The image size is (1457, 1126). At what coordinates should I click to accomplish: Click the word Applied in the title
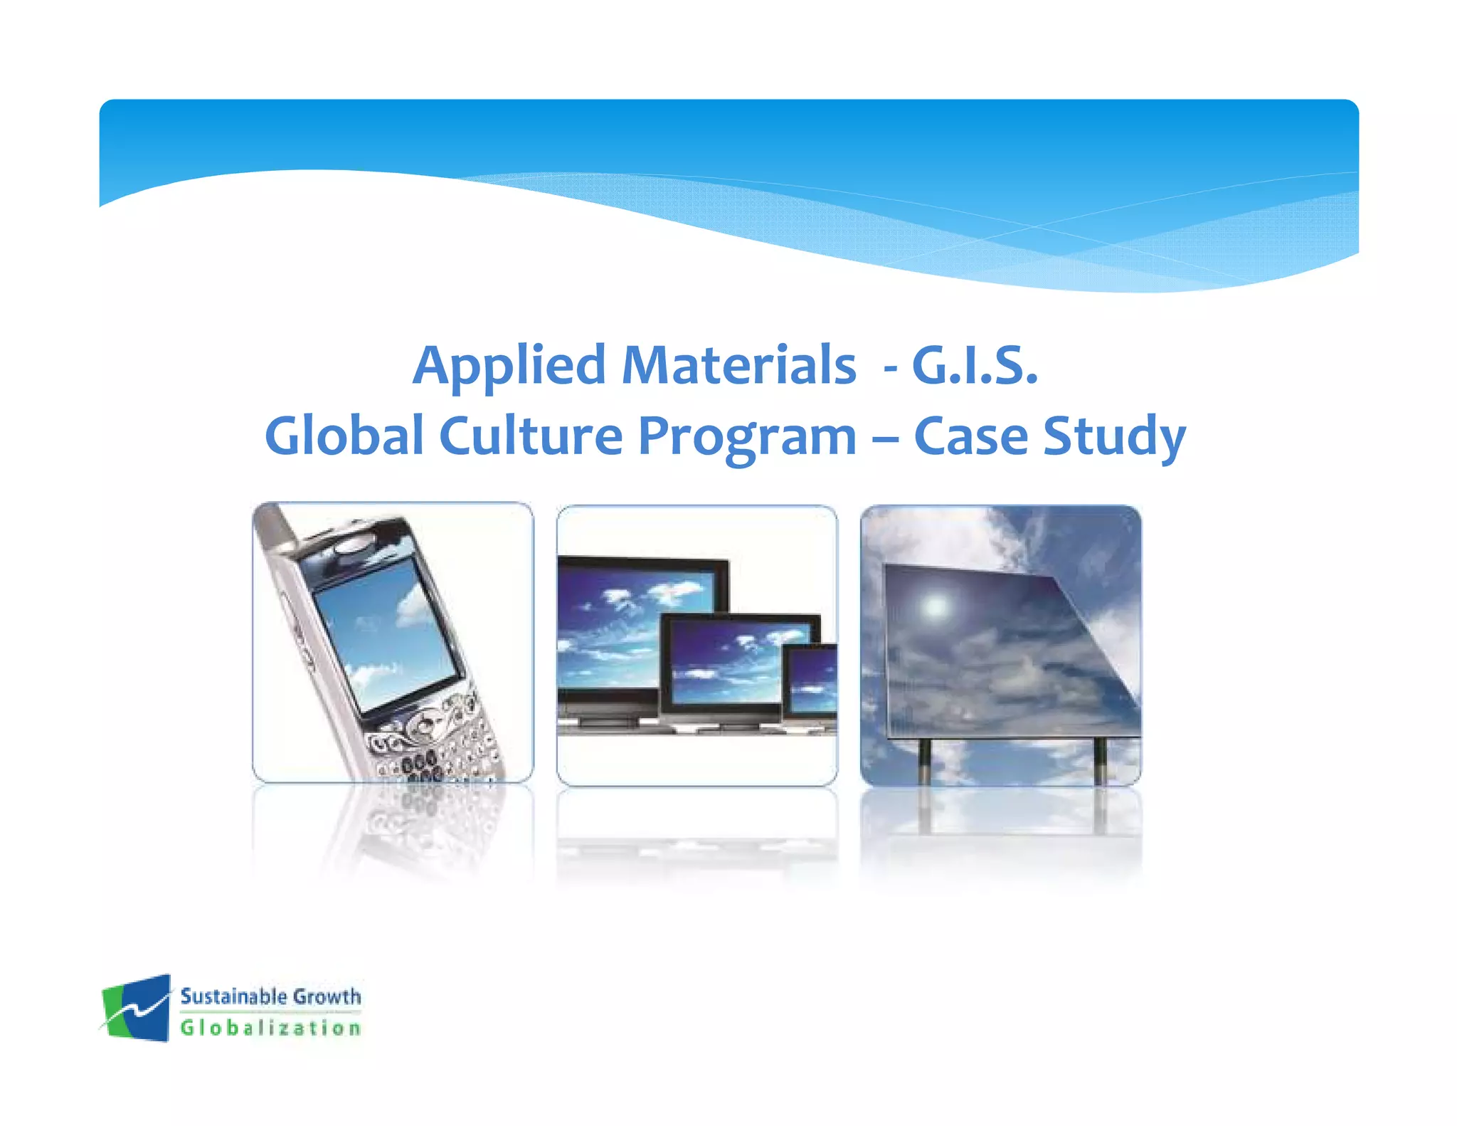click(x=509, y=366)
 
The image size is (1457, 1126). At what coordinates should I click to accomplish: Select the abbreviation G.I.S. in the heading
click(x=975, y=366)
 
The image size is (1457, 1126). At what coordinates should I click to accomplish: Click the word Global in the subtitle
click(x=344, y=436)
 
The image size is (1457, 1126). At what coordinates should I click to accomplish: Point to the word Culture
click(x=531, y=436)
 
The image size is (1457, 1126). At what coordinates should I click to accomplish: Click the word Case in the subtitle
click(x=970, y=436)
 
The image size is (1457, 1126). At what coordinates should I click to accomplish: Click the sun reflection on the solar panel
click(x=934, y=606)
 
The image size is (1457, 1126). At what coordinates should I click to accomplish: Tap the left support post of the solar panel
click(x=924, y=762)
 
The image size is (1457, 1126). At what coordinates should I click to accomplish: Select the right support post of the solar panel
click(x=1100, y=762)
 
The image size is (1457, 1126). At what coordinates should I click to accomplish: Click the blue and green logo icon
click(x=137, y=1008)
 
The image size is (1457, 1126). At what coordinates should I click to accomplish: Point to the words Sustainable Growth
click(x=270, y=996)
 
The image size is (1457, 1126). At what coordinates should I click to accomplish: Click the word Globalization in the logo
click(x=270, y=1028)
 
